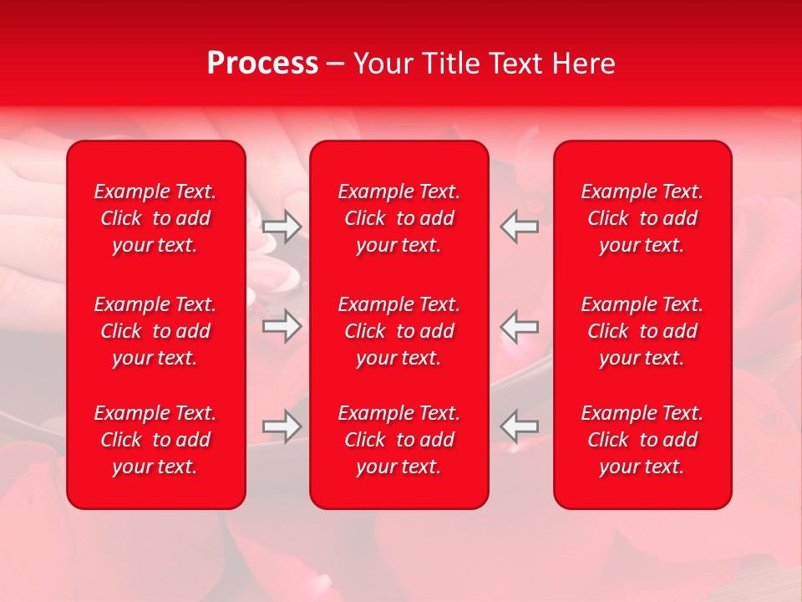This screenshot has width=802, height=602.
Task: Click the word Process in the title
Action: click(x=262, y=64)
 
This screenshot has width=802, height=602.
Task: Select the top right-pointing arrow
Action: click(x=282, y=226)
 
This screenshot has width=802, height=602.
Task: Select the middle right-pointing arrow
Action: click(x=282, y=326)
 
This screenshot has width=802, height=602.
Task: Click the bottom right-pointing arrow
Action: click(x=282, y=426)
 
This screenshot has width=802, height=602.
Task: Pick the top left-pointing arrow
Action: click(x=519, y=226)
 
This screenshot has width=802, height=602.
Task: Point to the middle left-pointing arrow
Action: click(x=519, y=326)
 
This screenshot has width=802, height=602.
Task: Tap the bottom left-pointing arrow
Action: click(x=519, y=426)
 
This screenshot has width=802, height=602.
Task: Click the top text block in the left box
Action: click(x=155, y=218)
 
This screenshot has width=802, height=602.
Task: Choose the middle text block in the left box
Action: click(x=155, y=331)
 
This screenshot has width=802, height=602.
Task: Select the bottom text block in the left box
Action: click(x=155, y=440)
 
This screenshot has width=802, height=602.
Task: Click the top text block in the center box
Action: click(x=399, y=218)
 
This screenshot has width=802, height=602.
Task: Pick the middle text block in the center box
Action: click(x=399, y=331)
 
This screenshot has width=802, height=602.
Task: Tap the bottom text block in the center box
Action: click(x=399, y=440)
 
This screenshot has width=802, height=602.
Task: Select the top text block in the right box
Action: click(x=642, y=218)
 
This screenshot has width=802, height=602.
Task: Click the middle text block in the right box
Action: click(x=642, y=331)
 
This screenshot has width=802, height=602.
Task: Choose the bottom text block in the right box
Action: click(x=642, y=440)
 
